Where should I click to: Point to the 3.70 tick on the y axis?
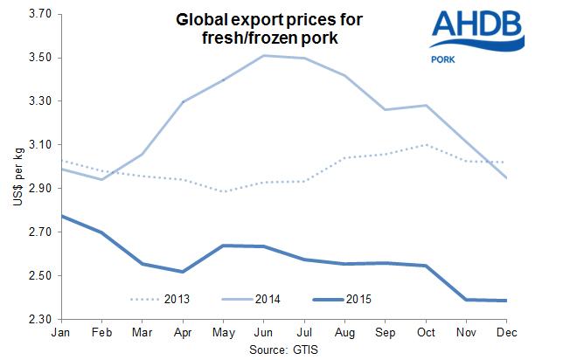(x=41, y=15)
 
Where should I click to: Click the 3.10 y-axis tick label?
(x=41, y=145)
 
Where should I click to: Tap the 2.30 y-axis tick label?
(x=41, y=319)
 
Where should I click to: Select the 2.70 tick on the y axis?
(x=41, y=232)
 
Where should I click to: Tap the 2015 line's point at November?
(x=467, y=300)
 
